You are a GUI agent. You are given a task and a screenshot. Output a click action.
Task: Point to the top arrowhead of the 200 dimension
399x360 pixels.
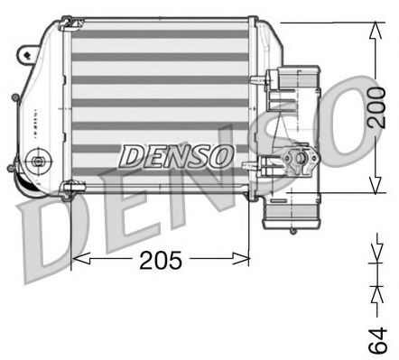pyautogui.click(x=373, y=27)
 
